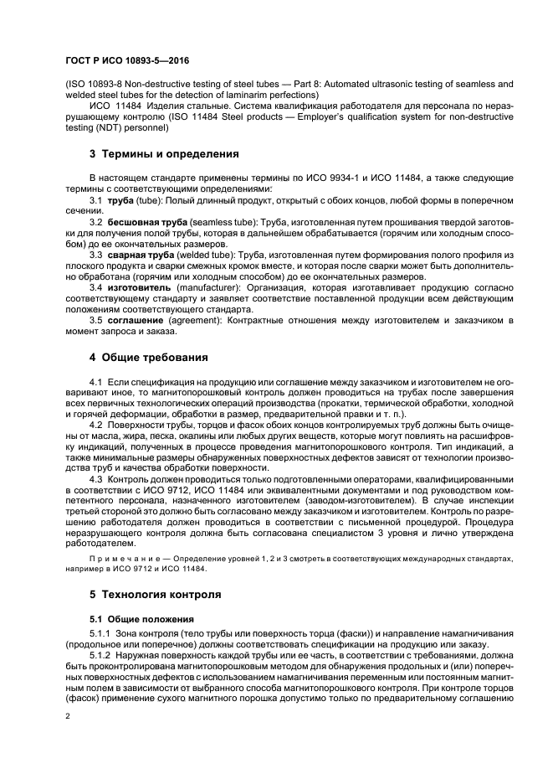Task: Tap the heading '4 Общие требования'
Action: [x=148, y=358]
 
